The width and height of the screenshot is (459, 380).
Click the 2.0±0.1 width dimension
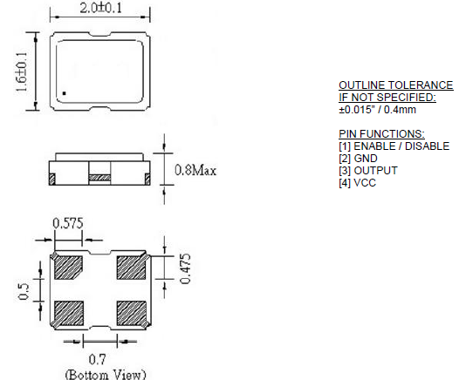click(x=100, y=8)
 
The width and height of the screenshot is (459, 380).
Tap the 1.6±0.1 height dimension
click(x=21, y=72)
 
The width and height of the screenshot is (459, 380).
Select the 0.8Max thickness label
click(x=195, y=170)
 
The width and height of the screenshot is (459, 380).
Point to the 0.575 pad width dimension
click(x=68, y=223)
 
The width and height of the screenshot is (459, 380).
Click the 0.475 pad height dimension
click(x=186, y=269)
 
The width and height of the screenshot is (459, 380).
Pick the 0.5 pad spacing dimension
click(x=24, y=291)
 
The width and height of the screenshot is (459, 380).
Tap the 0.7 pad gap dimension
click(x=98, y=360)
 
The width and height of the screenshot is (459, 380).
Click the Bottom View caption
click(x=106, y=375)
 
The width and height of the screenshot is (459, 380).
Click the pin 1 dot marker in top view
click(x=64, y=93)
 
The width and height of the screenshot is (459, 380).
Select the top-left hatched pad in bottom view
click(x=68, y=268)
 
